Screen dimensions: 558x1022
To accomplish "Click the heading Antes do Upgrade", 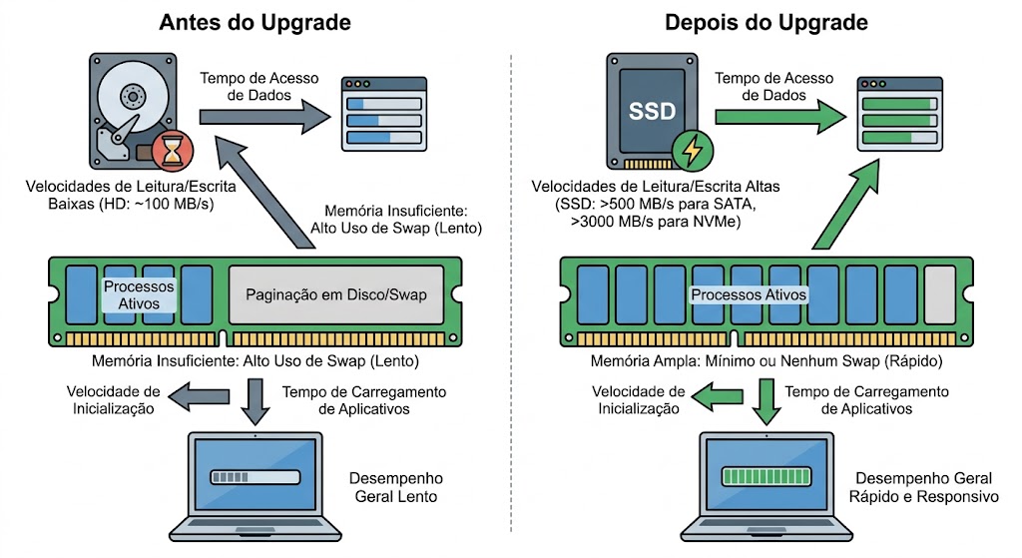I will (255, 22).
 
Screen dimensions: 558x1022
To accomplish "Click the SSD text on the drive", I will (651, 111).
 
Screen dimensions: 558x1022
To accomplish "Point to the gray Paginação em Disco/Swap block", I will (335, 294).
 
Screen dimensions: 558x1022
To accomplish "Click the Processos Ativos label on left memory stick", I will (139, 294).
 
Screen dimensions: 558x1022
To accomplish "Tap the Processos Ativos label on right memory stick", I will (749, 295).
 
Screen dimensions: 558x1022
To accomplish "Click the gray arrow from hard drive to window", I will (264, 117).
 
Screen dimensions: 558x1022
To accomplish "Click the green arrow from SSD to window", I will (774, 117).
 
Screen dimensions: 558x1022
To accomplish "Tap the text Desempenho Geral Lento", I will (395, 487).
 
